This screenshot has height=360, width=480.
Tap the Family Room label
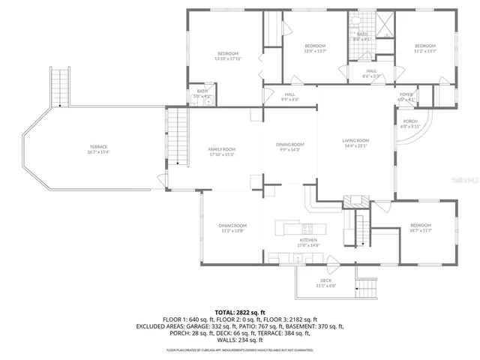click(x=222, y=151)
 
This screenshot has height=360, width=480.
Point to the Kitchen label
click(x=309, y=241)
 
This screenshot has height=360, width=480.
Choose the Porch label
click(x=410, y=124)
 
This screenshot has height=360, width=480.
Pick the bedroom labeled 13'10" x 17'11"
click(x=228, y=55)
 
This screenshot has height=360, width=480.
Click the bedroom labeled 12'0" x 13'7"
click(x=314, y=49)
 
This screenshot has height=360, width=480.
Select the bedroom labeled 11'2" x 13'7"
click(x=425, y=49)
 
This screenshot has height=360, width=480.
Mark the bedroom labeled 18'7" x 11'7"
click(x=421, y=228)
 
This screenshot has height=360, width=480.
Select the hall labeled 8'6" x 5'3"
click(x=371, y=73)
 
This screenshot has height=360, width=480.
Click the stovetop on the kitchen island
click(x=307, y=228)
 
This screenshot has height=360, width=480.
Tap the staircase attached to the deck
click(x=367, y=287)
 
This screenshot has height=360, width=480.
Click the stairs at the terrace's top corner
click(x=59, y=86)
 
